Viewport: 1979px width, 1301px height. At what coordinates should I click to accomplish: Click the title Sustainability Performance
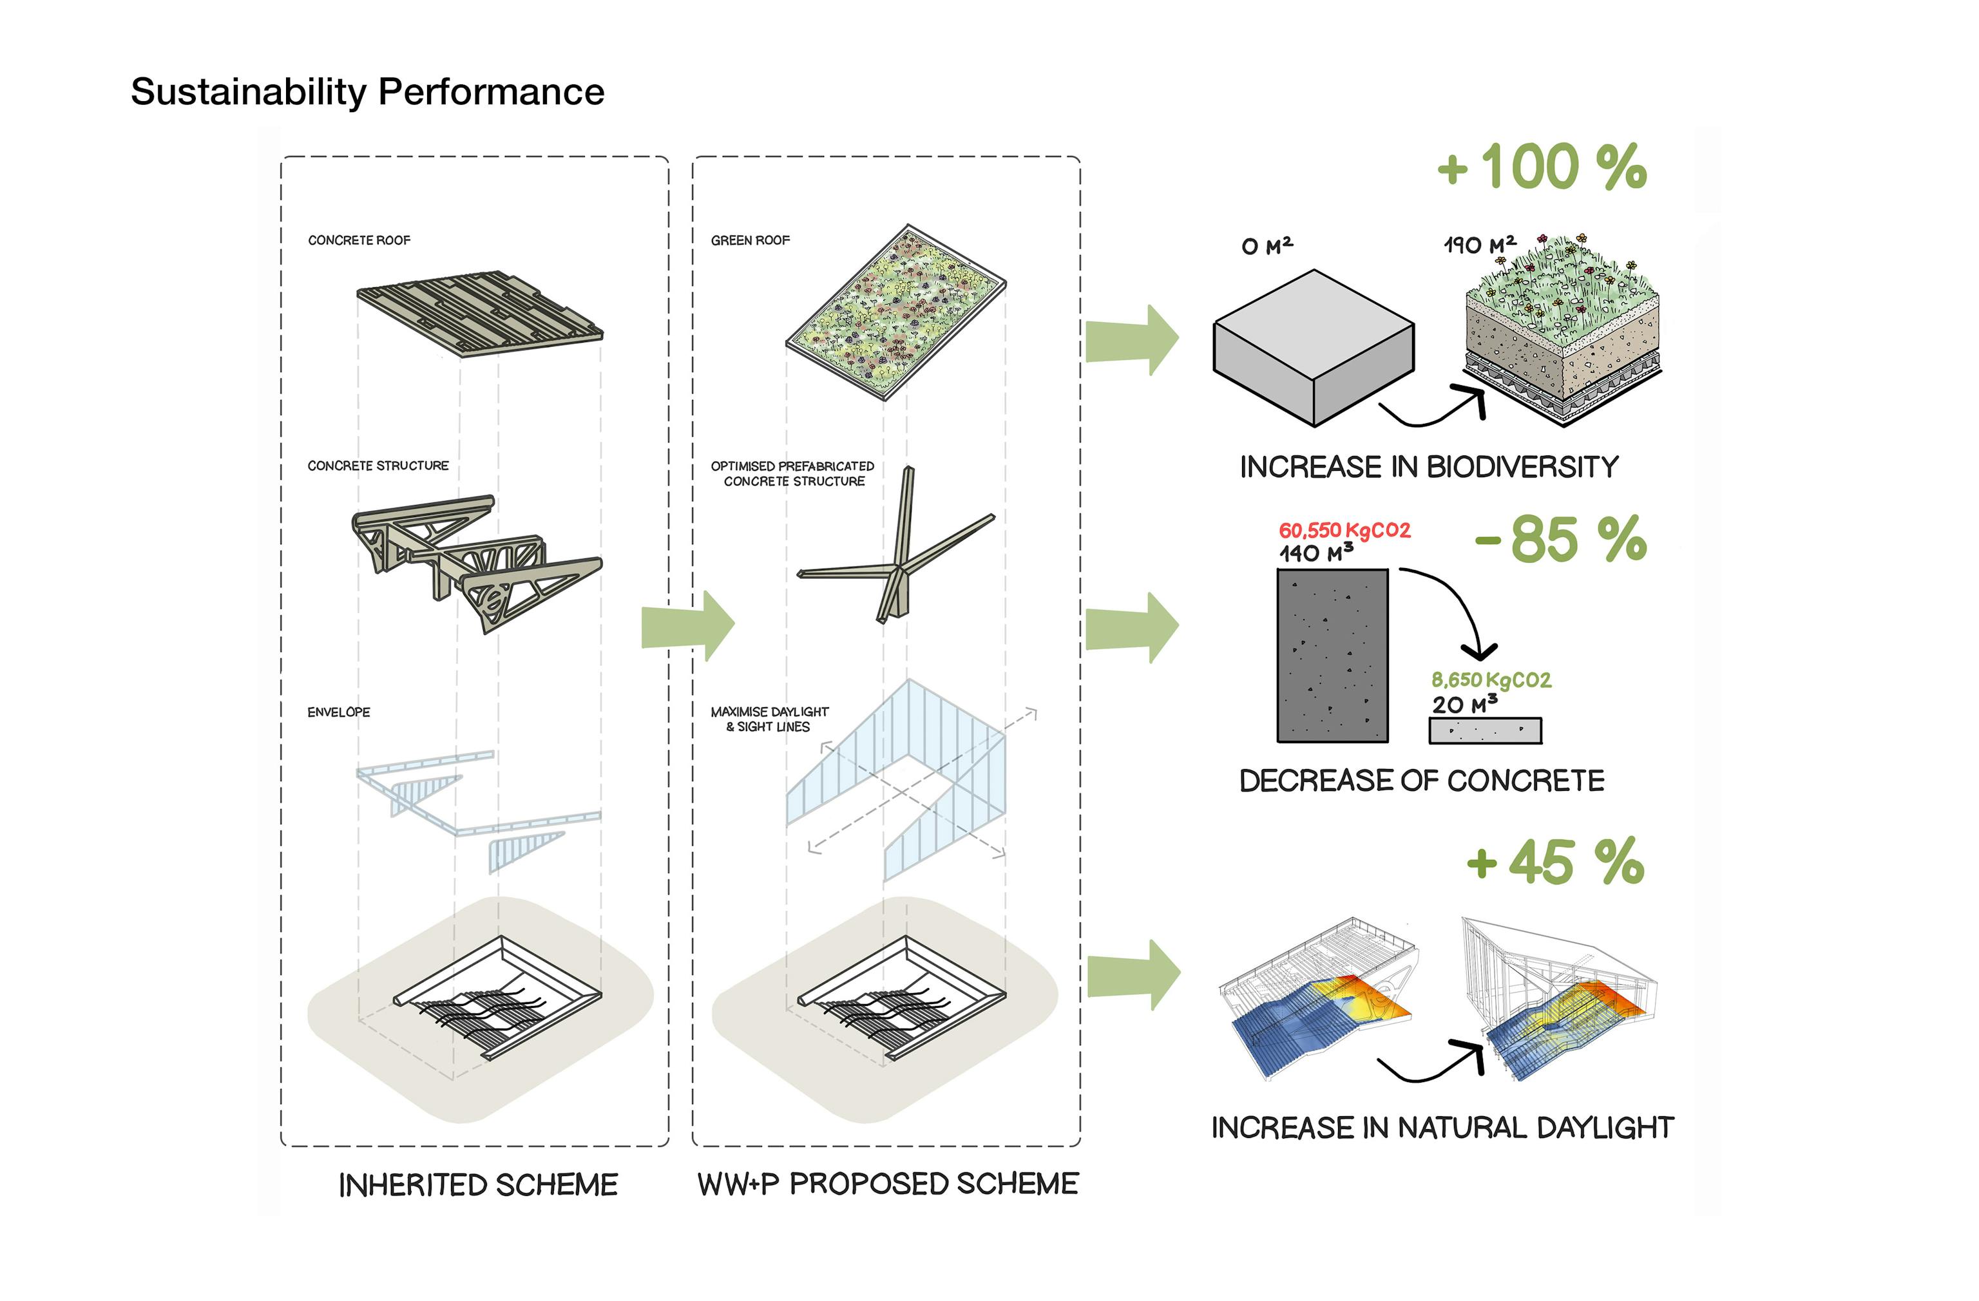click(x=367, y=91)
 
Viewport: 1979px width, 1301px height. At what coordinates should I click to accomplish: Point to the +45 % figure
click(x=1555, y=862)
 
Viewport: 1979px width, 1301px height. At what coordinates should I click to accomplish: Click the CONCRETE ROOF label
click(x=359, y=240)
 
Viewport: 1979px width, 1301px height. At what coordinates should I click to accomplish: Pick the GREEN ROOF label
click(x=750, y=240)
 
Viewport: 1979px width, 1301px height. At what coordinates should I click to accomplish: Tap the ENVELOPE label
click(x=338, y=712)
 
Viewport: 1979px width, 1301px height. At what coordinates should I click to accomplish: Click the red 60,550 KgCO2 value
click(x=1344, y=530)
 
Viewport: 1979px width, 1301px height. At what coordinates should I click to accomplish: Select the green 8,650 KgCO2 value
click(x=1491, y=680)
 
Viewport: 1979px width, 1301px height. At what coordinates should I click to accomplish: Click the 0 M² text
click(x=1267, y=246)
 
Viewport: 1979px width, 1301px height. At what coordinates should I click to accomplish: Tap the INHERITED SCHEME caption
click(x=478, y=1184)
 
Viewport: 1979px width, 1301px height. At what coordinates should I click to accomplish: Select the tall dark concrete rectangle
click(x=1332, y=655)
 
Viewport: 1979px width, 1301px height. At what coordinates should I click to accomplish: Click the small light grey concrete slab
click(x=1485, y=731)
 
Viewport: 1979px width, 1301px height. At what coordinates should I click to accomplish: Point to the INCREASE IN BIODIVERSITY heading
click(x=1429, y=467)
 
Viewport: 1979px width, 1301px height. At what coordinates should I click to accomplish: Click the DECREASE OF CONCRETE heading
click(x=1421, y=781)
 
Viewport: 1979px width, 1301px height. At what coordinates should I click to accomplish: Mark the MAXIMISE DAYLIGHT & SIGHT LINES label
click(x=769, y=719)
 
